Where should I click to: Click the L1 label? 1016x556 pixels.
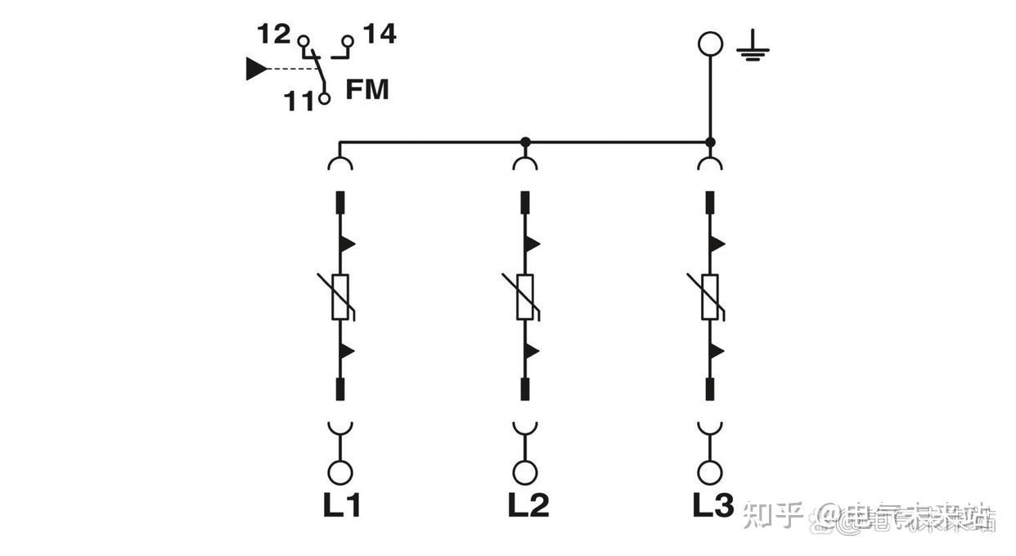coord(340,505)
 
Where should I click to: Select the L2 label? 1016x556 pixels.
coord(527,505)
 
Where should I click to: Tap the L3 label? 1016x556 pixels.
coord(713,504)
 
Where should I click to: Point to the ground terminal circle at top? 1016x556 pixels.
coord(710,43)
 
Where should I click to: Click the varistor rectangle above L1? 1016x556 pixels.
coord(340,296)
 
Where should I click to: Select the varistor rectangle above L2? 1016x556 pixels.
coord(525,296)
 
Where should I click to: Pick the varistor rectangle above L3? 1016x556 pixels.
coord(710,296)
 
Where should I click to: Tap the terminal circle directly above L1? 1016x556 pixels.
coord(340,472)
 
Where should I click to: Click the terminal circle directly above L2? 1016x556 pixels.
coord(525,472)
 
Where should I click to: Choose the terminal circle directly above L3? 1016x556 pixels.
coord(710,472)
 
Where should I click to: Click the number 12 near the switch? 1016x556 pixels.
coord(273,34)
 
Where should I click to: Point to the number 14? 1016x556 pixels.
coord(379,34)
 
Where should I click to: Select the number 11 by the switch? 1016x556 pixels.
coord(299,102)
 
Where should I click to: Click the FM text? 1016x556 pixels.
coord(366,89)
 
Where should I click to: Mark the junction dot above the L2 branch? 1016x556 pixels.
coord(525,142)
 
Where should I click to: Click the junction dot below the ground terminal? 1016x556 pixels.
coord(710,142)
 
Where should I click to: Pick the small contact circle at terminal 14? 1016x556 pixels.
coord(348,40)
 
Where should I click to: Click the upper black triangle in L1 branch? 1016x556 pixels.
coord(347,243)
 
